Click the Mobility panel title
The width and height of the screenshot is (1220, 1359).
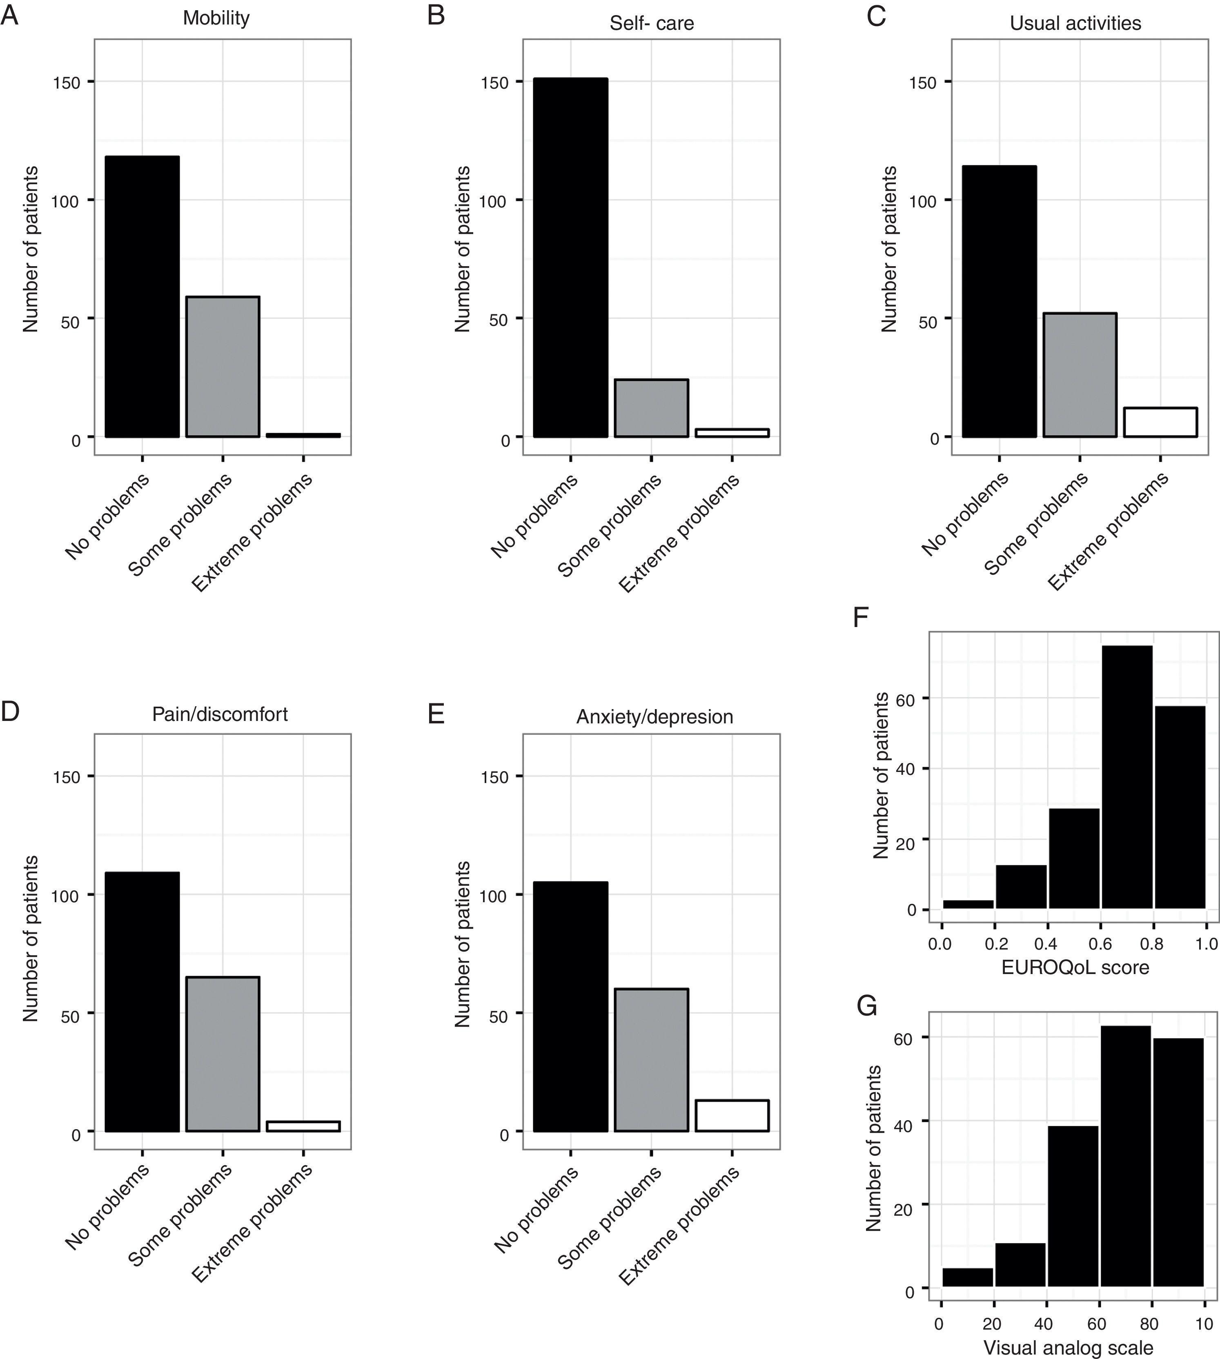(216, 18)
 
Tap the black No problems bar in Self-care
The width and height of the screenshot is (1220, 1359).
(570, 258)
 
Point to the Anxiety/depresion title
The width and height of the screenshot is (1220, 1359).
(654, 716)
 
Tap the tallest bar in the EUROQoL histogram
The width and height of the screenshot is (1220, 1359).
(1127, 777)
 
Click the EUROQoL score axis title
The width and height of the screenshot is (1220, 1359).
(1075, 967)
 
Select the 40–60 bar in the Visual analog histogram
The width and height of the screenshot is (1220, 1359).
(1073, 1206)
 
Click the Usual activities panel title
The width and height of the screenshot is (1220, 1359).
(1075, 23)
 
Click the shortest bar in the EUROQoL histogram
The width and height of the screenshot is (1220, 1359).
(968, 904)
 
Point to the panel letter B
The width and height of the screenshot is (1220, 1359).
(436, 15)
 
